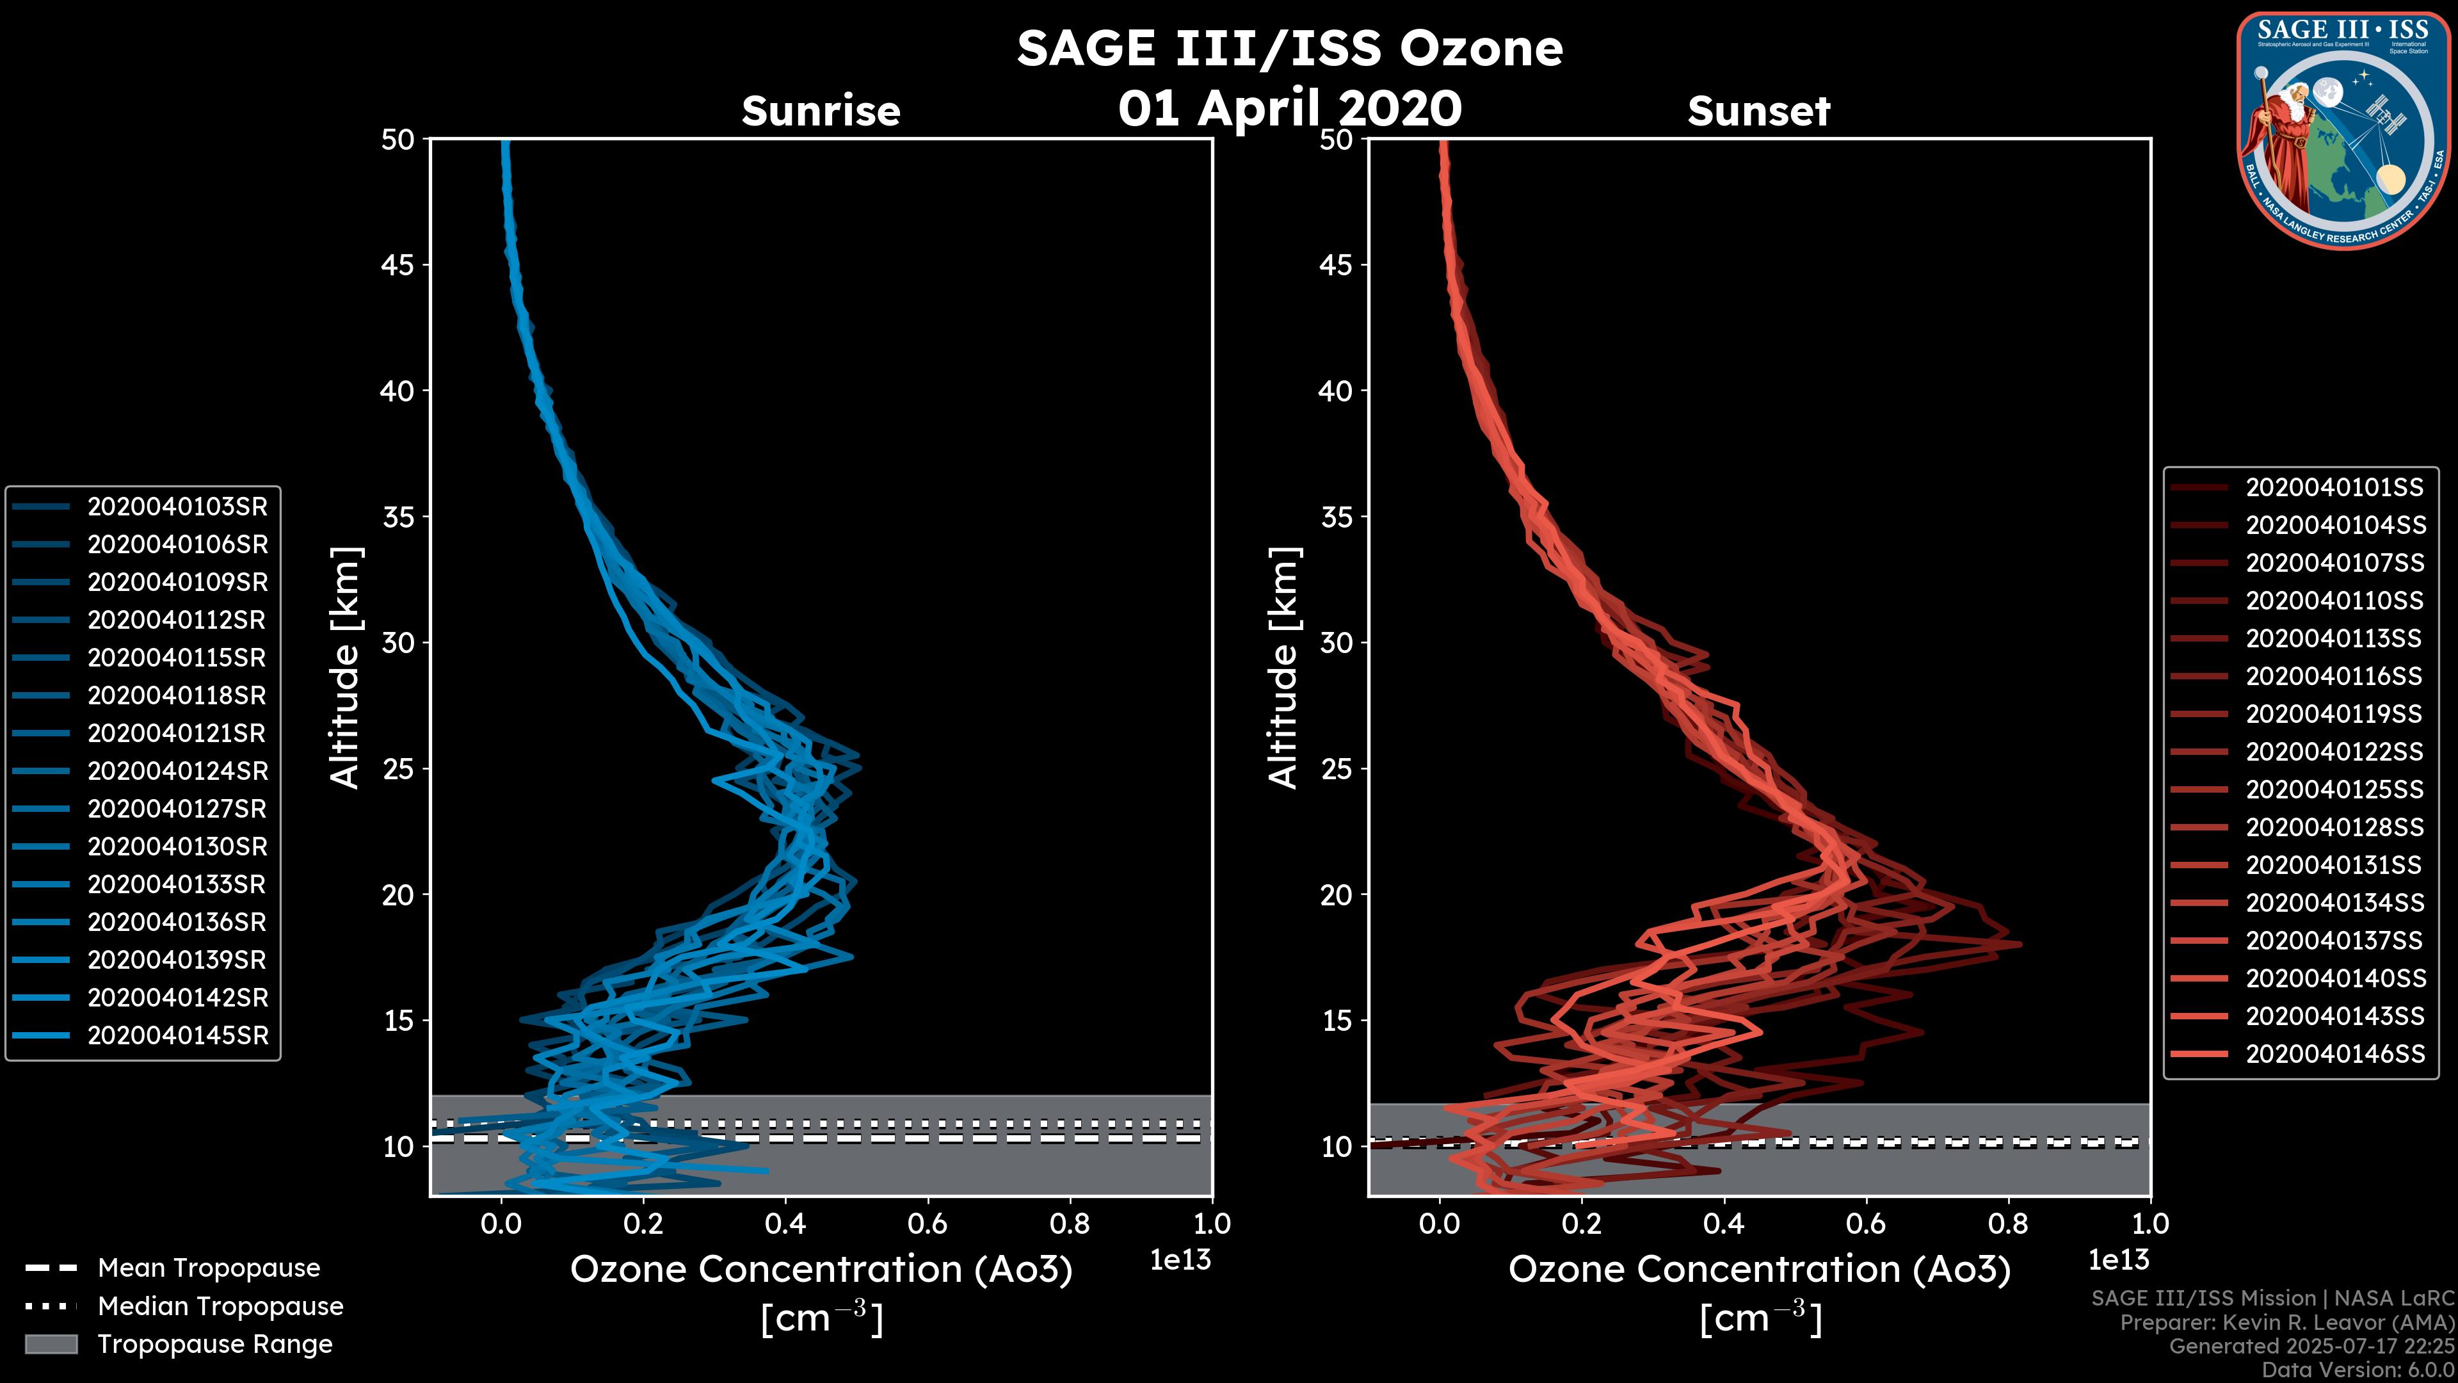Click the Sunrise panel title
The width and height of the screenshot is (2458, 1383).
[821, 111]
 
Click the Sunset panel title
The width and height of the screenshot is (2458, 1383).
[1758, 111]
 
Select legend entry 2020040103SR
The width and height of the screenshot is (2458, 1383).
[177, 507]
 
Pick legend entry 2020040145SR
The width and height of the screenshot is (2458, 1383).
[177, 1035]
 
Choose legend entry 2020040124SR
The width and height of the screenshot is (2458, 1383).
[177, 771]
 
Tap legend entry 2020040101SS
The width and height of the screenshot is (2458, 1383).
[2334, 488]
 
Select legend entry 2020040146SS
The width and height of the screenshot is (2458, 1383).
[2334, 1054]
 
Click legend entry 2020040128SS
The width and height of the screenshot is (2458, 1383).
[2334, 827]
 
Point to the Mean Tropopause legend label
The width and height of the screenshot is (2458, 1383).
[209, 1268]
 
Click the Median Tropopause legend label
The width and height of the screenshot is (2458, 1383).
[220, 1307]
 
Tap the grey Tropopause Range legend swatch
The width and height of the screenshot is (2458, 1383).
[51, 1344]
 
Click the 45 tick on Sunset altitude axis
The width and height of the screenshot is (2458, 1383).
[1336, 265]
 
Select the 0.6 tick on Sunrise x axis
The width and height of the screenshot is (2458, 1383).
[928, 1224]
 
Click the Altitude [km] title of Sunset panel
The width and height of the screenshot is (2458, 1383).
[1284, 668]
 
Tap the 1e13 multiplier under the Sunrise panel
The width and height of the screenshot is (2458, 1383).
[1180, 1261]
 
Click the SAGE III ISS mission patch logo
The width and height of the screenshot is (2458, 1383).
[2341, 130]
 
